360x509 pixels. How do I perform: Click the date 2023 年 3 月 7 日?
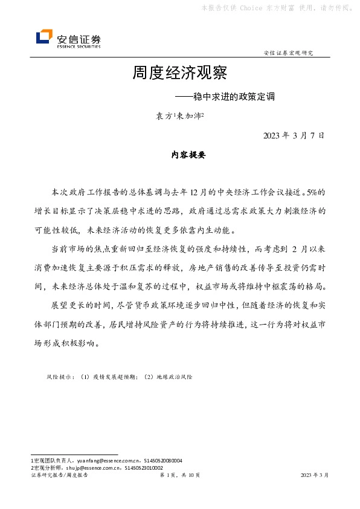click(x=294, y=135)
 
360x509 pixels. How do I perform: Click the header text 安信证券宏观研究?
click(x=288, y=54)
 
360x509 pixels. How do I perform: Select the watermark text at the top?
click(x=277, y=8)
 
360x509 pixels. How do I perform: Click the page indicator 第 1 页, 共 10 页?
click(x=179, y=476)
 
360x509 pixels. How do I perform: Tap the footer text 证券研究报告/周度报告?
click(x=59, y=476)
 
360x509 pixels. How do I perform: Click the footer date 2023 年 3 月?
click(x=314, y=476)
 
